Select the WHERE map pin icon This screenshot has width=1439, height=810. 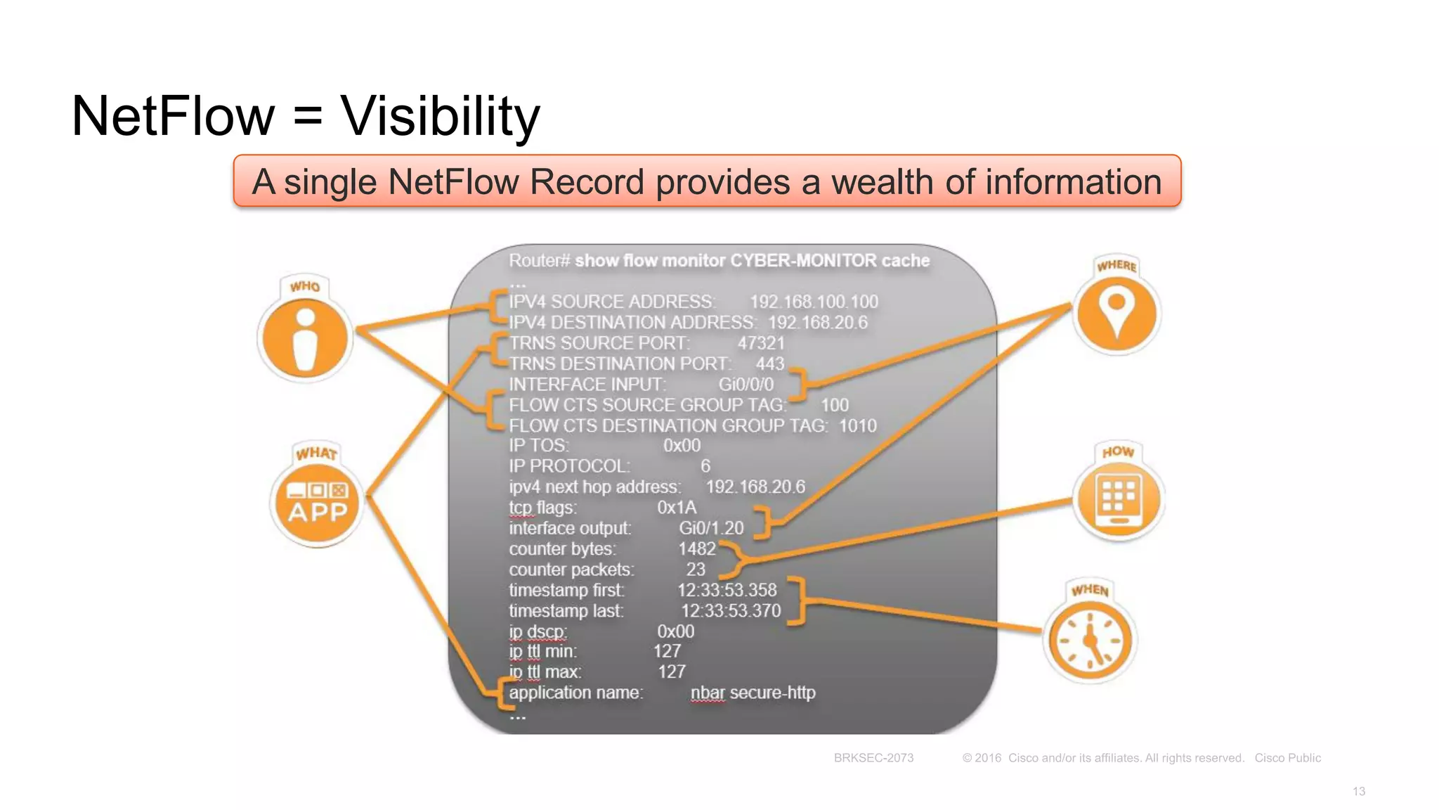point(1116,312)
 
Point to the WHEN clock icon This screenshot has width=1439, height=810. point(1090,640)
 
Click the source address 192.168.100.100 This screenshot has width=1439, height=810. point(814,302)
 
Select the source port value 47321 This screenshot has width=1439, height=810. point(761,343)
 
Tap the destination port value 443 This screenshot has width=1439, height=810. point(770,364)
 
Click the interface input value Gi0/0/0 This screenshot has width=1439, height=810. point(745,385)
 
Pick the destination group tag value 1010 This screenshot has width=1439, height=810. point(857,425)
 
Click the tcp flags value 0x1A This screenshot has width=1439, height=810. point(677,507)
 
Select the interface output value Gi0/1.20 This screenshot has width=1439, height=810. point(711,528)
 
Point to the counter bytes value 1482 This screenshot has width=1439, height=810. point(696,548)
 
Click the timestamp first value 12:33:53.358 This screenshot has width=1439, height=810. point(727,590)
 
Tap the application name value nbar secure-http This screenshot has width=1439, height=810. point(753,693)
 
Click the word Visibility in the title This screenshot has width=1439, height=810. point(441,116)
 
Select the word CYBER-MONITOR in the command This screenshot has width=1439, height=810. point(803,261)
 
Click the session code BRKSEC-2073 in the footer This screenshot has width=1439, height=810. point(873,758)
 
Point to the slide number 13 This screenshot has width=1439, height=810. point(1358,792)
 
